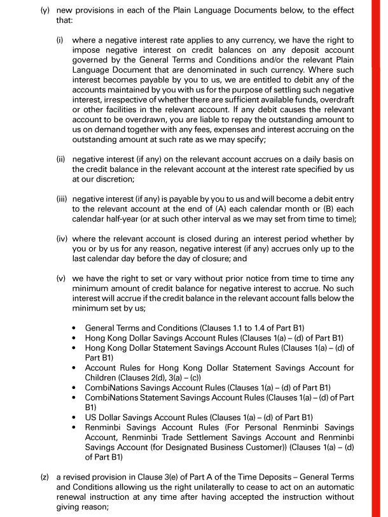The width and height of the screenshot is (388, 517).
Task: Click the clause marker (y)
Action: [x=45, y=11]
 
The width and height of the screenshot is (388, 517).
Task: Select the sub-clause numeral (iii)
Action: [x=63, y=199]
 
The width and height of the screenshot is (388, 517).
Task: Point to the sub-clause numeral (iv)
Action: [x=63, y=239]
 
